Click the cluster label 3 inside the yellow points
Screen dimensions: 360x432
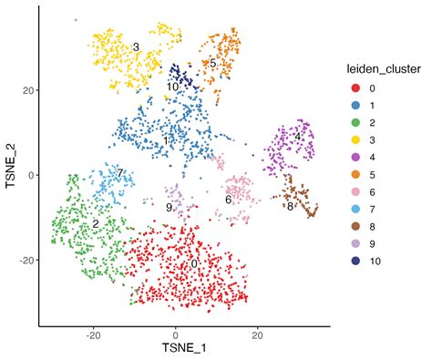tap(135, 46)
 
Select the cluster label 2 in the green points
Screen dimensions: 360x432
tap(95, 223)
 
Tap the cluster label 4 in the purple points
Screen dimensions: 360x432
tap(297, 137)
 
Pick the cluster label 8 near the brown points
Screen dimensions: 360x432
tap(290, 206)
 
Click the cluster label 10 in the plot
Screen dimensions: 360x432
tap(173, 87)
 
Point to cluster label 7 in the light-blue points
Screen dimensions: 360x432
tap(118, 173)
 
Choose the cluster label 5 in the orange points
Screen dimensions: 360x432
tap(212, 64)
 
